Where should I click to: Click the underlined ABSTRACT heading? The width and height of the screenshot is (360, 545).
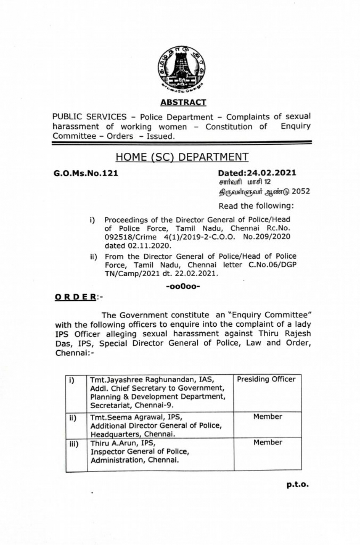click(183, 102)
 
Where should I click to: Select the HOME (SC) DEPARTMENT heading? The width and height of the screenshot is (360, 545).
click(182, 157)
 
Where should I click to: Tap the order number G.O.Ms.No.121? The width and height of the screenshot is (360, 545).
click(86, 174)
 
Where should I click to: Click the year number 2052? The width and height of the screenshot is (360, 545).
click(301, 192)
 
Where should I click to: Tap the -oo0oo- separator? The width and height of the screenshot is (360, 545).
click(182, 286)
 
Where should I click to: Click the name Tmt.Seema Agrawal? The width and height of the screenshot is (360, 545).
click(119, 417)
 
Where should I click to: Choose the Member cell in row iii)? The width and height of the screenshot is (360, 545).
click(267, 442)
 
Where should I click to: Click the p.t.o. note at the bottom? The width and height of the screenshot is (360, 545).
click(297, 485)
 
